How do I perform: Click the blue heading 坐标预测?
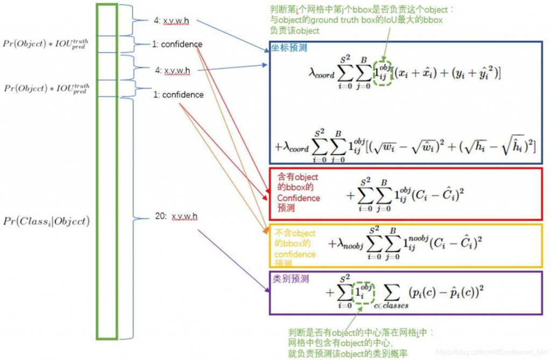pyautogui.click(x=291, y=48)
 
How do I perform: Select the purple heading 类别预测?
pyautogui.click(x=291, y=279)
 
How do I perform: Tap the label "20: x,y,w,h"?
pyautogui.click(x=176, y=216)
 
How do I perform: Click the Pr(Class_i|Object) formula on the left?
pyautogui.click(x=46, y=221)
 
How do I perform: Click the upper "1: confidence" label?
pyautogui.click(x=177, y=44)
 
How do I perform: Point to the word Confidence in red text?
pyautogui.click(x=298, y=198)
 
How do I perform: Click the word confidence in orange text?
pyautogui.click(x=294, y=254)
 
